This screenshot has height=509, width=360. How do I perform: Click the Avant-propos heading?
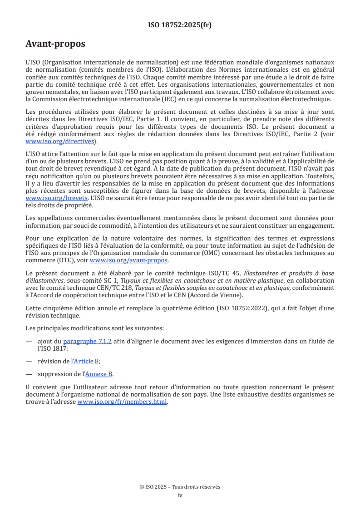point(55,44)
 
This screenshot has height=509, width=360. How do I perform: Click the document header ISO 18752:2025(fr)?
point(180,25)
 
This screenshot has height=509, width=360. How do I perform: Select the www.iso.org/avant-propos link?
point(129,260)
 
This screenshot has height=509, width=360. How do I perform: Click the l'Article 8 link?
point(85,361)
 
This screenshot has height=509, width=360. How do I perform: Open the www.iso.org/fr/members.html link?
point(122,401)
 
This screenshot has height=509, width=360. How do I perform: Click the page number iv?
point(180,495)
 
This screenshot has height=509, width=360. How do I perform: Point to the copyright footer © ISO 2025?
point(180,487)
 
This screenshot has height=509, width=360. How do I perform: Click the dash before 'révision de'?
point(29,361)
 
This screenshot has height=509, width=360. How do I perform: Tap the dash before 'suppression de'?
point(29,374)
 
